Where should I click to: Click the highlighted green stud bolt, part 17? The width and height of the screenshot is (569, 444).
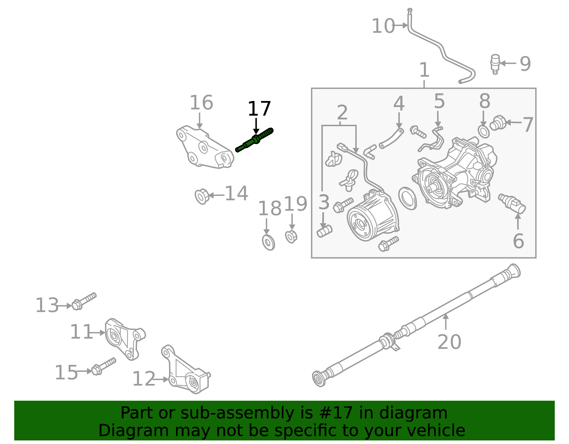255,140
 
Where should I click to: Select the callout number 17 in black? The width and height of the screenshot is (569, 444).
259,109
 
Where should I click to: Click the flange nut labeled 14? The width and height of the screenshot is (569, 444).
202,196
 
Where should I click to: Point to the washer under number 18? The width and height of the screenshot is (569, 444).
268,242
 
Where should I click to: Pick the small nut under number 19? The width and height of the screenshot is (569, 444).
291,236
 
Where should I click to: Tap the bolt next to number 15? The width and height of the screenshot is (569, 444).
103,367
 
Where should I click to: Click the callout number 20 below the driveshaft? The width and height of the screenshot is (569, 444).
449,342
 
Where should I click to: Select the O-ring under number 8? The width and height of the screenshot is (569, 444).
484,132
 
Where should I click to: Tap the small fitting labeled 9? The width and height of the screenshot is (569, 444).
495,63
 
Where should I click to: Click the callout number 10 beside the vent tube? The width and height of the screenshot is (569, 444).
383,26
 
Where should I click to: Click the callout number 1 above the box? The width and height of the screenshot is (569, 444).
424,70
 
